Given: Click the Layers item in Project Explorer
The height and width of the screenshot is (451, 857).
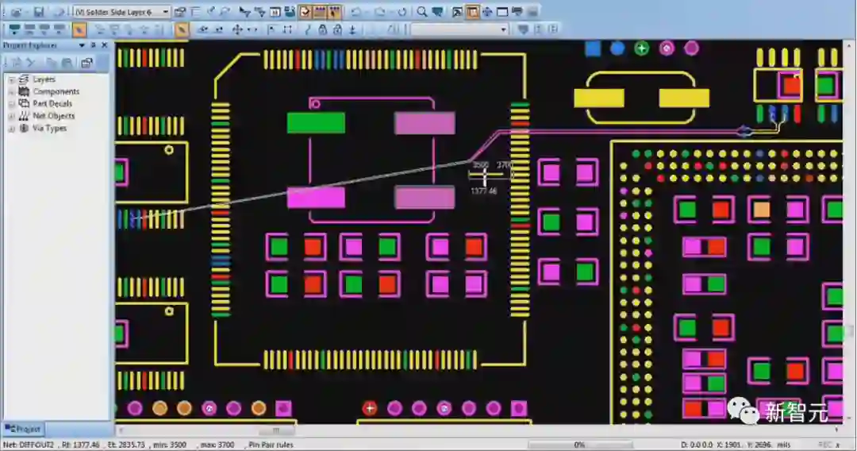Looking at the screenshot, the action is pos(44,79).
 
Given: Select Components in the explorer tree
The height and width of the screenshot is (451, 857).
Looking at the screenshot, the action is pos(56,91).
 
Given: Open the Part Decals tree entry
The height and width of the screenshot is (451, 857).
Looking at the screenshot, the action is pos(52,103).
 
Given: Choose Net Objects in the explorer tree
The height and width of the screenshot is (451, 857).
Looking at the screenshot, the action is pos(53,116).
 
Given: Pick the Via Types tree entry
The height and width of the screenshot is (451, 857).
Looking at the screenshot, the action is pos(49,128).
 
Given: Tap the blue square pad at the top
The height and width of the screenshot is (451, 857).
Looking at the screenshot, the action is pos(593,48).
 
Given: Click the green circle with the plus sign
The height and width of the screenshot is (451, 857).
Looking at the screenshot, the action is pos(642,48).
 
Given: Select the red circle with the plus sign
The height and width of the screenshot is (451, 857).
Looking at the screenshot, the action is pos(370,408).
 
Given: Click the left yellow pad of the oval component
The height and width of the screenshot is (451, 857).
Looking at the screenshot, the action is pos(598,98).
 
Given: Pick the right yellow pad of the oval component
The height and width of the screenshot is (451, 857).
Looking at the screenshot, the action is pos(684,98).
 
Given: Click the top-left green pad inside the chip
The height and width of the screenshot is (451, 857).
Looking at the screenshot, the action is pos(316,123).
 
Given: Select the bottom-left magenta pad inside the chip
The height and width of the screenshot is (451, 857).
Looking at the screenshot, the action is pos(316,197).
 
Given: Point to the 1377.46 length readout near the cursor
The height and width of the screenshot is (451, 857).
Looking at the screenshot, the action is pos(483,191).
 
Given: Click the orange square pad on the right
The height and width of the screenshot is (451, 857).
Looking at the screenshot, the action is pos(761,210).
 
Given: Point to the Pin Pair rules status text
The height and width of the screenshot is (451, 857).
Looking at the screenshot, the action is pos(271,445).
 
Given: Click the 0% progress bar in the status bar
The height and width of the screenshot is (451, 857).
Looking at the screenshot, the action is pos(579,445).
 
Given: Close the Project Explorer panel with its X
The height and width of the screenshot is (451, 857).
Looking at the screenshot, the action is pos(104,45).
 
